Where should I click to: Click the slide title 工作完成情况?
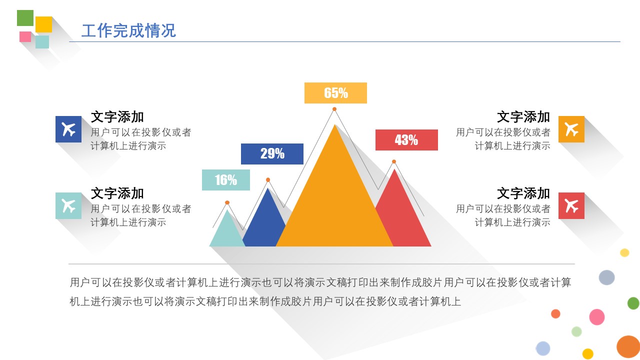point(128,31)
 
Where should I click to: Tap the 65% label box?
point(335,93)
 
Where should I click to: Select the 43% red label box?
point(406,140)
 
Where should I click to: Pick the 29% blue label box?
point(272,154)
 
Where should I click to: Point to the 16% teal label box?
point(225,180)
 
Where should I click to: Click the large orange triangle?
point(334,200)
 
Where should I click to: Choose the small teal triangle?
point(227,231)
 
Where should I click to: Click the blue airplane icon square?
point(68,129)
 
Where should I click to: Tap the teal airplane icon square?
point(68,205)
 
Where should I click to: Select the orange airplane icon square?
point(571,129)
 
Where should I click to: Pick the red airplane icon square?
point(571,205)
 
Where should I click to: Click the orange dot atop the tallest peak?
point(334,109)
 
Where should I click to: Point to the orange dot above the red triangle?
point(394,161)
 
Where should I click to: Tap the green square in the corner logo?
point(25,18)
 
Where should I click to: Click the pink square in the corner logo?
point(25,36)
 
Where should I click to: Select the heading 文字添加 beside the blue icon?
point(117,117)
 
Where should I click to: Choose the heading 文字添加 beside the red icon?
point(523,193)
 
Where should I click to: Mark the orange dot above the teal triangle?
point(227,202)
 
